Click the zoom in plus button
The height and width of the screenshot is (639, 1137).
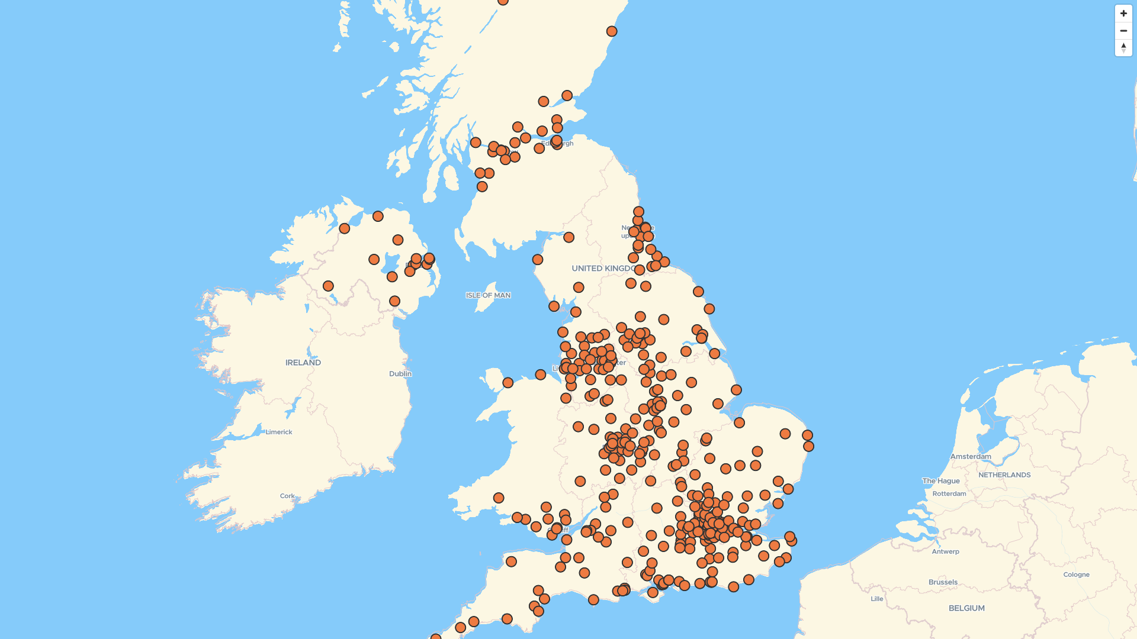(x=1123, y=14)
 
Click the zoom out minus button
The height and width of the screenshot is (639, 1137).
(x=1123, y=31)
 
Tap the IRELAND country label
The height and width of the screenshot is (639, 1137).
(x=303, y=363)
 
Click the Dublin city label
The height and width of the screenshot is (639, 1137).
(x=400, y=374)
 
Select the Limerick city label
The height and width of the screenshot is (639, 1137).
(x=279, y=432)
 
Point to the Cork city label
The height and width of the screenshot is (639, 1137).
(x=287, y=496)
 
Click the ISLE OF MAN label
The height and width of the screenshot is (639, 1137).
(x=488, y=295)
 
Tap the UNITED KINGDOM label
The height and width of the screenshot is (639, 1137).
(x=603, y=269)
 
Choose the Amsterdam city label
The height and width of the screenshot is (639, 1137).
(x=971, y=456)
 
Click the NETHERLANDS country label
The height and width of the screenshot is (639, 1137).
(x=1004, y=475)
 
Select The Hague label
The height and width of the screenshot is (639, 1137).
(x=941, y=481)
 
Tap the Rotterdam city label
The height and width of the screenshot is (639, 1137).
(x=949, y=493)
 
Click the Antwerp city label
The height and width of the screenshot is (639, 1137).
(x=945, y=551)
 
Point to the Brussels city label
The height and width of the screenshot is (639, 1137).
(x=943, y=582)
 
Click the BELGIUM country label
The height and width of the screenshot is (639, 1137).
(x=966, y=608)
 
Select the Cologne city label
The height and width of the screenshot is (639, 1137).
(x=1076, y=575)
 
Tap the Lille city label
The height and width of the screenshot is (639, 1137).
(x=877, y=599)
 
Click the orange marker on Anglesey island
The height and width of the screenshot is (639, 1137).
(x=508, y=383)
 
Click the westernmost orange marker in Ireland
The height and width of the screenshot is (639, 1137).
(x=328, y=286)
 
